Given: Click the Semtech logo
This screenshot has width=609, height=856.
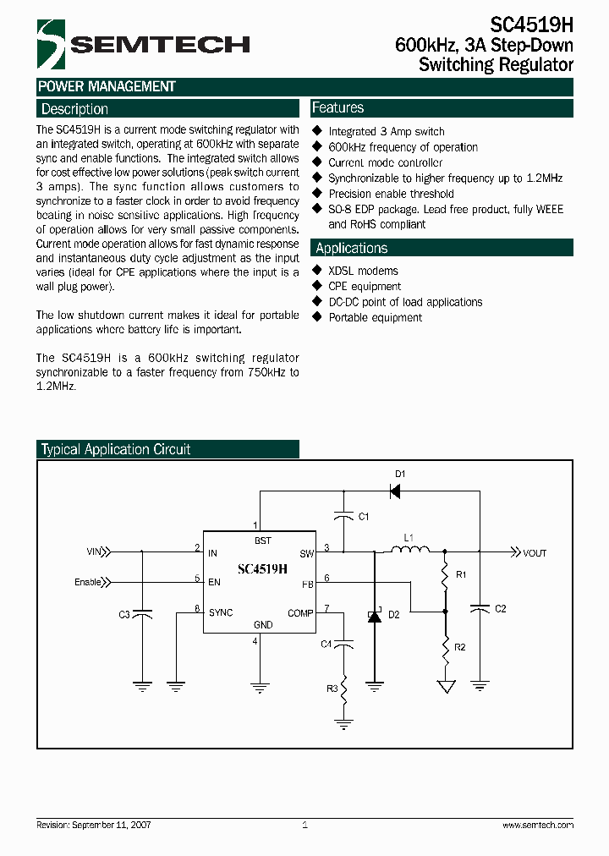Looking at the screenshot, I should (143, 44).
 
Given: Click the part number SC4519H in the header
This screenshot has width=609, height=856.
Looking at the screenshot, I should (530, 25).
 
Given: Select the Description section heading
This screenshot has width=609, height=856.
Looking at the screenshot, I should (74, 109).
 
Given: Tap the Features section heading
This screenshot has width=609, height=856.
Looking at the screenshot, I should (338, 108).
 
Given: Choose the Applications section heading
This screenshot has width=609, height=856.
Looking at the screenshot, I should (352, 248).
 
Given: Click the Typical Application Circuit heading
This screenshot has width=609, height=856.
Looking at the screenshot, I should (116, 449).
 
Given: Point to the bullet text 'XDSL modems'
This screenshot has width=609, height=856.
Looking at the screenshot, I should (363, 271).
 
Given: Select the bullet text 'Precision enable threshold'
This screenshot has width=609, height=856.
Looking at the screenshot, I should (391, 194).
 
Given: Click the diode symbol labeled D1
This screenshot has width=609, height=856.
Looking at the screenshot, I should (393, 489).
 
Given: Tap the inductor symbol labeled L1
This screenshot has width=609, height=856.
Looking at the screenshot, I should (409, 551).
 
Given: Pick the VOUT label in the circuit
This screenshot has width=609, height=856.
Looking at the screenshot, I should (535, 553).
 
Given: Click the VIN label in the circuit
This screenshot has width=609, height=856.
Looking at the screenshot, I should (93, 552).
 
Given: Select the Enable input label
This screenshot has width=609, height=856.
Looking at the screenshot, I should (88, 582).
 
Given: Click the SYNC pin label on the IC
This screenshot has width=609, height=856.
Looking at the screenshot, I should (221, 612).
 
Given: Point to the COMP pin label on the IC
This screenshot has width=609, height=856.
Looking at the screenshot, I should (300, 613).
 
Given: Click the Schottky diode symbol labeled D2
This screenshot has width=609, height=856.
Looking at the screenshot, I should (374, 617).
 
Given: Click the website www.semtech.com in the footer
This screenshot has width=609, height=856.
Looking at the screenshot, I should (538, 825).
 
